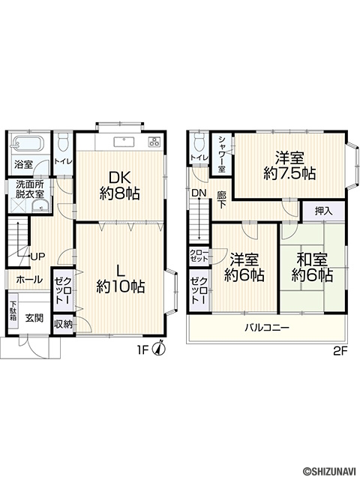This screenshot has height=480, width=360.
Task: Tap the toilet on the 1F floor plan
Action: [64, 142]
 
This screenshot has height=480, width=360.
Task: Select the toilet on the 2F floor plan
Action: [199, 142]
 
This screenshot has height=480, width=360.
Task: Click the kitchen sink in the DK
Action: [124, 142]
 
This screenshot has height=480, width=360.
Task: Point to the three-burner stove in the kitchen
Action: [154, 141]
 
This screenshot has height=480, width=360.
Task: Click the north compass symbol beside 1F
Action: [160, 348]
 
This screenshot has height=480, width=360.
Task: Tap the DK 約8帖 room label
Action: [120, 186]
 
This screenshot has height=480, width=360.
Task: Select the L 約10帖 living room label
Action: [120, 278]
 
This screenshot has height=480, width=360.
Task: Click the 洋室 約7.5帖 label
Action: [289, 166]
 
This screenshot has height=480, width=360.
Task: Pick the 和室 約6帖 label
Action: [312, 268]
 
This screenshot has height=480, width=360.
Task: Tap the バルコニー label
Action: [267, 328]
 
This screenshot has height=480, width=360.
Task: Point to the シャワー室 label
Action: [222, 154]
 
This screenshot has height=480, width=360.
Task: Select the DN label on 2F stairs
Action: [199, 193]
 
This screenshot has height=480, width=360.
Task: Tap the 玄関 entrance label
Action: [34, 318]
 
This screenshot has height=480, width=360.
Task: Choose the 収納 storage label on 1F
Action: [63, 325]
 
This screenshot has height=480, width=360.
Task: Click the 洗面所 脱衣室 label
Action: [30, 189]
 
